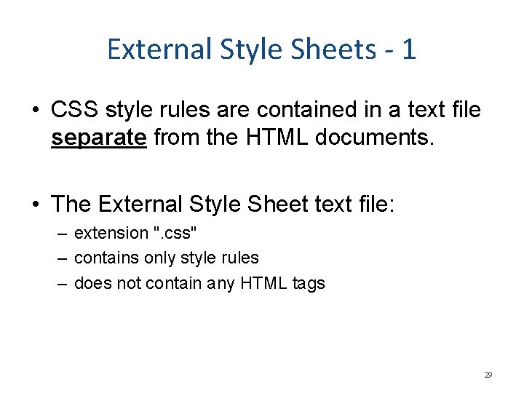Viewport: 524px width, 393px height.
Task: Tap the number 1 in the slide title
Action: tap(408, 49)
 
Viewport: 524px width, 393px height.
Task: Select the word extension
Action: tap(111, 233)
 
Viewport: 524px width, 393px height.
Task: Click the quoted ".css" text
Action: tap(175, 233)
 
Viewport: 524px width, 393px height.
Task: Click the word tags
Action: tap(309, 283)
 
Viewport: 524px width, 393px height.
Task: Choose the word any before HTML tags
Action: tap(224, 283)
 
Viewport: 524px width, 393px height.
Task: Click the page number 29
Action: tap(488, 375)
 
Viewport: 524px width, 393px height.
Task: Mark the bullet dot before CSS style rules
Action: tap(36, 111)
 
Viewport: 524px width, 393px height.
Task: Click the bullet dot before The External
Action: tap(36, 205)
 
